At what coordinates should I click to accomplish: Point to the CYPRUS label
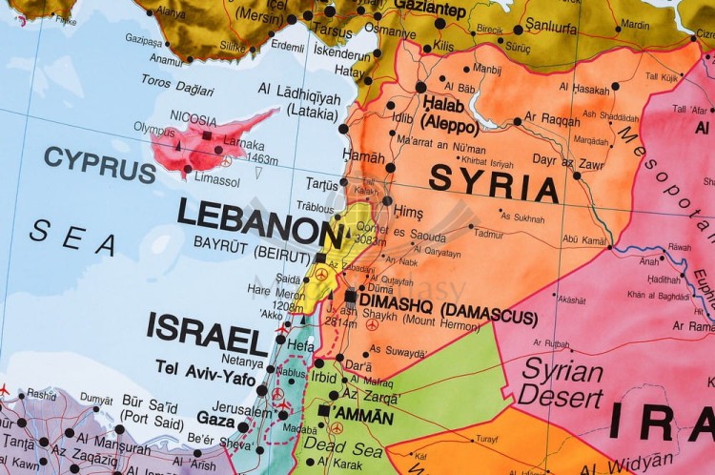(99, 163)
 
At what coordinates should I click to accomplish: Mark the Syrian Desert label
(561, 381)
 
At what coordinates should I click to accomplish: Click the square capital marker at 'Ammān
(324, 410)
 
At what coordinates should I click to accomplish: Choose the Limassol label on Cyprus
(217, 180)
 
